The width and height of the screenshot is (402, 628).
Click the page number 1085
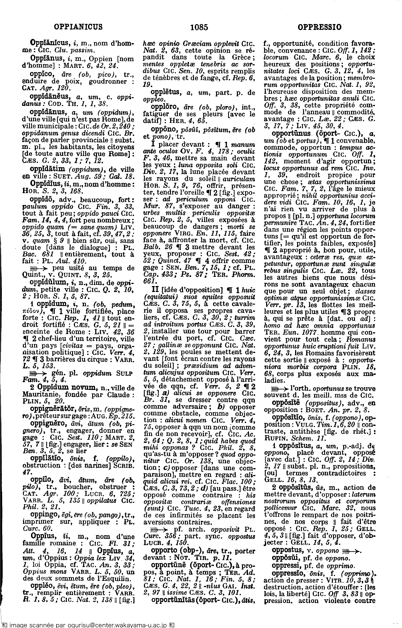tap(199, 27)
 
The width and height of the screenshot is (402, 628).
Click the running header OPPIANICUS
tap(78, 27)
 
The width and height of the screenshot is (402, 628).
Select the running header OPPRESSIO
tap(319, 27)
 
